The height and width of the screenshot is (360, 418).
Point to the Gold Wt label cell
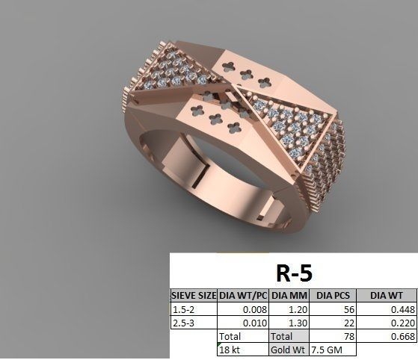(288, 349)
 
